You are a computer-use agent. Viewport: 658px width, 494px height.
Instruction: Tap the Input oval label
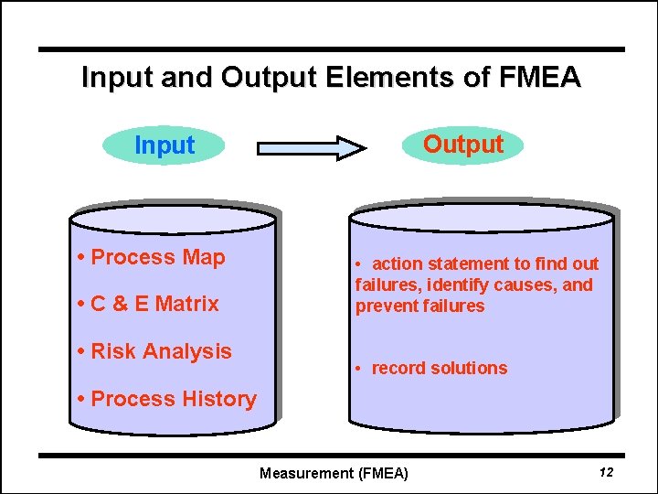pyautogui.click(x=164, y=145)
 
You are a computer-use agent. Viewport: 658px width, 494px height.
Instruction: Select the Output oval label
pyautogui.click(x=463, y=145)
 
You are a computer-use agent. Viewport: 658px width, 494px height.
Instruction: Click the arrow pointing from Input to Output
pyautogui.click(x=311, y=147)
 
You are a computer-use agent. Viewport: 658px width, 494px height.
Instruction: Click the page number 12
pyautogui.click(x=605, y=472)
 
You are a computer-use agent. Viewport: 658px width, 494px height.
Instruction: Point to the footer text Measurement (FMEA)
pyautogui.click(x=334, y=473)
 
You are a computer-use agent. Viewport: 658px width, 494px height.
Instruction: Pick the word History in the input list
pyautogui.click(x=218, y=399)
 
